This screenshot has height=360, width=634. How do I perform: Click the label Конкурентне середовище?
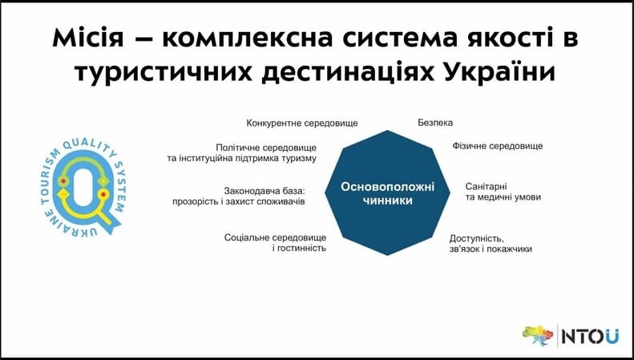(302, 123)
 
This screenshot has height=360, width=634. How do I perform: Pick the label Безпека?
(435, 122)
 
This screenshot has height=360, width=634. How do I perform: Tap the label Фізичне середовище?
(497, 146)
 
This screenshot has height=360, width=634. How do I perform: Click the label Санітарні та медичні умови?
(503, 192)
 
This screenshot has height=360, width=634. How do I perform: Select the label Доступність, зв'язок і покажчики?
(491, 244)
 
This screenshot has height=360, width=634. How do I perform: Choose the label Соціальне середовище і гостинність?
(276, 243)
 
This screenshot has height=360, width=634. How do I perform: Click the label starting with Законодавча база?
(239, 196)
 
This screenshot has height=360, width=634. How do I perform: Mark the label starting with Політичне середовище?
(242, 153)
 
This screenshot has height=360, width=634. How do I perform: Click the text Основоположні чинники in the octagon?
(387, 193)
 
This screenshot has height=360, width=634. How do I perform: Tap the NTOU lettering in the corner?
(590, 337)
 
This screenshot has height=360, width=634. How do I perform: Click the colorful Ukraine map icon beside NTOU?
(538, 335)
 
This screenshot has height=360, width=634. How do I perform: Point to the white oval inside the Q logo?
(83, 187)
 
